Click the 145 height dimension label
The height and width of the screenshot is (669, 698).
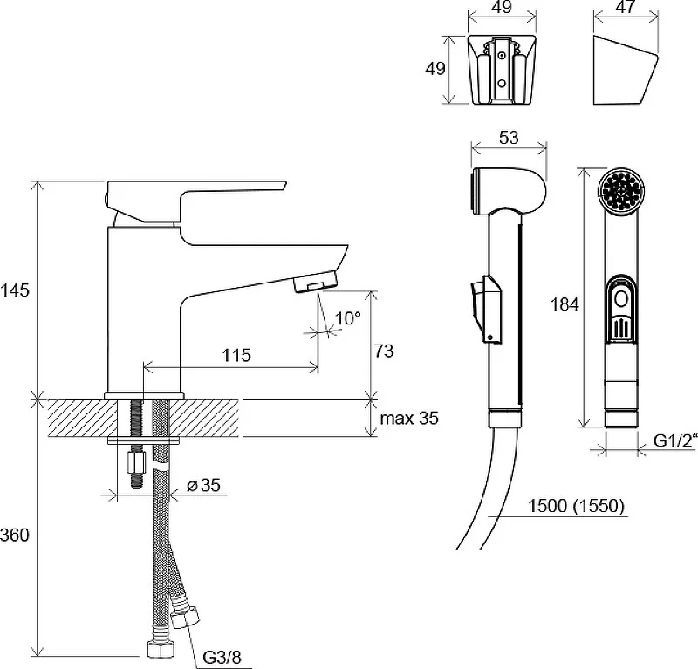click(x=15, y=290)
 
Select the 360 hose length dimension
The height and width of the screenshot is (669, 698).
click(x=15, y=535)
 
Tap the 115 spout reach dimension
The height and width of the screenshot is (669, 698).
click(x=236, y=355)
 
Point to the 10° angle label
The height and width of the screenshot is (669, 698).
click(x=347, y=318)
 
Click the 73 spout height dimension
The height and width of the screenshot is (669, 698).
click(x=384, y=352)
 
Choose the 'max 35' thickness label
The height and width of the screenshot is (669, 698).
click(x=409, y=419)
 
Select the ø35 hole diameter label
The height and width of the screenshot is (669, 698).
click(x=203, y=485)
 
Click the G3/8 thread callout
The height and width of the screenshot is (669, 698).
click(x=222, y=657)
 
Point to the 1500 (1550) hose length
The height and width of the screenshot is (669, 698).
click(x=576, y=506)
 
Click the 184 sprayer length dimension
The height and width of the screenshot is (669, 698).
click(x=565, y=304)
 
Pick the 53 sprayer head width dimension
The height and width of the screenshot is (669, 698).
click(x=509, y=138)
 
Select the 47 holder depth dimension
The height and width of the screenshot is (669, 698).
click(x=626, y=7)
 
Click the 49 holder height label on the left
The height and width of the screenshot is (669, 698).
click(x=435, y=69)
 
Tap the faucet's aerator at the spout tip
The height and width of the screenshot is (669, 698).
click(x=316, y=283)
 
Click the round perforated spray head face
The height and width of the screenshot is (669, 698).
click(x=621, y=189)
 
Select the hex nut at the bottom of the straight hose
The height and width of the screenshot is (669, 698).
click(x=159, y=650)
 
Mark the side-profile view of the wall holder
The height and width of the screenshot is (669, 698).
click(x=626, y=70)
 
